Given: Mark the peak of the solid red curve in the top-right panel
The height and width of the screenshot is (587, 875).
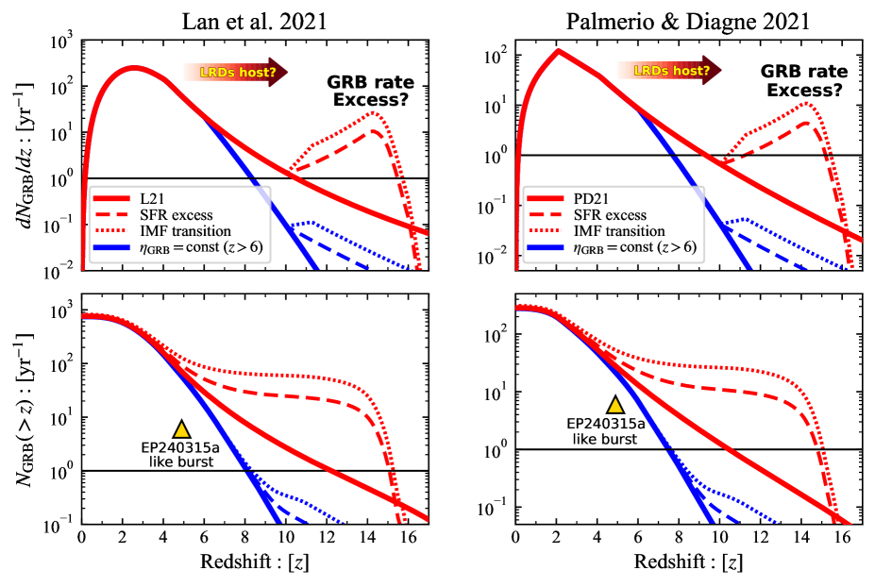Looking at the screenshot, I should tap(556, 50).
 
